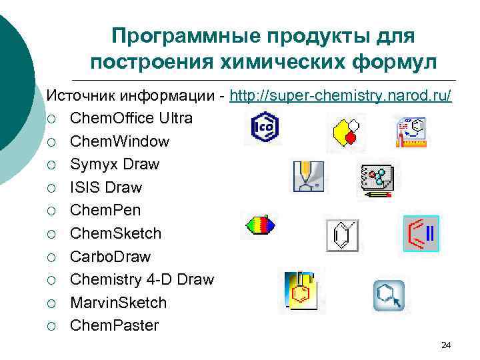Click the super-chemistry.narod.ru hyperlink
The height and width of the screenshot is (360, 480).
point(341,96)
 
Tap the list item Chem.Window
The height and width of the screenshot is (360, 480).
point(120,141)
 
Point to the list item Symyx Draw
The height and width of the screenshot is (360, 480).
point(115,164)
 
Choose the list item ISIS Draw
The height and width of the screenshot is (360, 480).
point(106,187)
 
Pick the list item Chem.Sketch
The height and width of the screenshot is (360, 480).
point(116,233)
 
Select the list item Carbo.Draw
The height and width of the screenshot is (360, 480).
point(111,257)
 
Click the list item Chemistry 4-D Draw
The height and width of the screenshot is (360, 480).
point(142,279)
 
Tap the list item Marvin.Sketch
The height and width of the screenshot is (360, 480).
point(119,303)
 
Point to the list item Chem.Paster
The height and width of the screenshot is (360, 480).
point(115,325)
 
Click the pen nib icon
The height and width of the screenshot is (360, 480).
point(309,177)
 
